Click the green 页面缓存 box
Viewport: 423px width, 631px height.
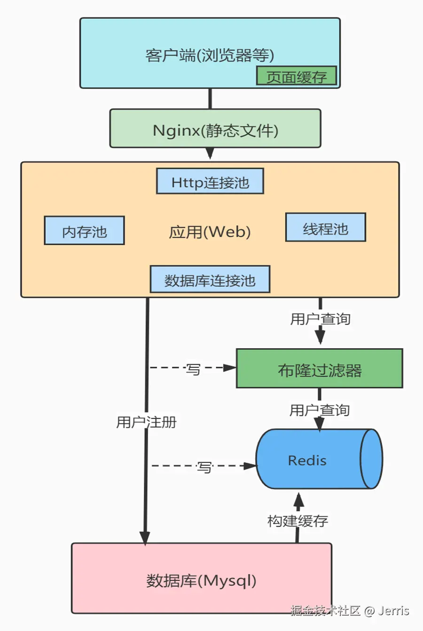pos(296,76)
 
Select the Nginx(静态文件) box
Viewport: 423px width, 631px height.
pos(215,129)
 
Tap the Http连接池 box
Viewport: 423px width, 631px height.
pos(210,181)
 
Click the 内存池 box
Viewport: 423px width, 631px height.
pos(84,231)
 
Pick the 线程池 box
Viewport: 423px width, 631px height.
pos(325,228)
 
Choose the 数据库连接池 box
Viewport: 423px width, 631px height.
pos(210,280)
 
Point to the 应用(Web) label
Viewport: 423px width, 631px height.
pos(210,232)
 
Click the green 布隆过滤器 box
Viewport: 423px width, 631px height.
pos(319,369)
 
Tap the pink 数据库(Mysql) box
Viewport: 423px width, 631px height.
pos(201,579)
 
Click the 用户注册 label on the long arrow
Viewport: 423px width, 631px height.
pos(146,421)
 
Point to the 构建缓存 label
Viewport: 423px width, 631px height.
pos(298,521)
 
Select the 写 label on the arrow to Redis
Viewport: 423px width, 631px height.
pos(204,467)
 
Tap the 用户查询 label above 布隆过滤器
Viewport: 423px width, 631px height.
pos(320,319)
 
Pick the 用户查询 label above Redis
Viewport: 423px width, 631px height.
pos(319,410)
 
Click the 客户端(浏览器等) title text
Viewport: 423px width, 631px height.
pos(210,55)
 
